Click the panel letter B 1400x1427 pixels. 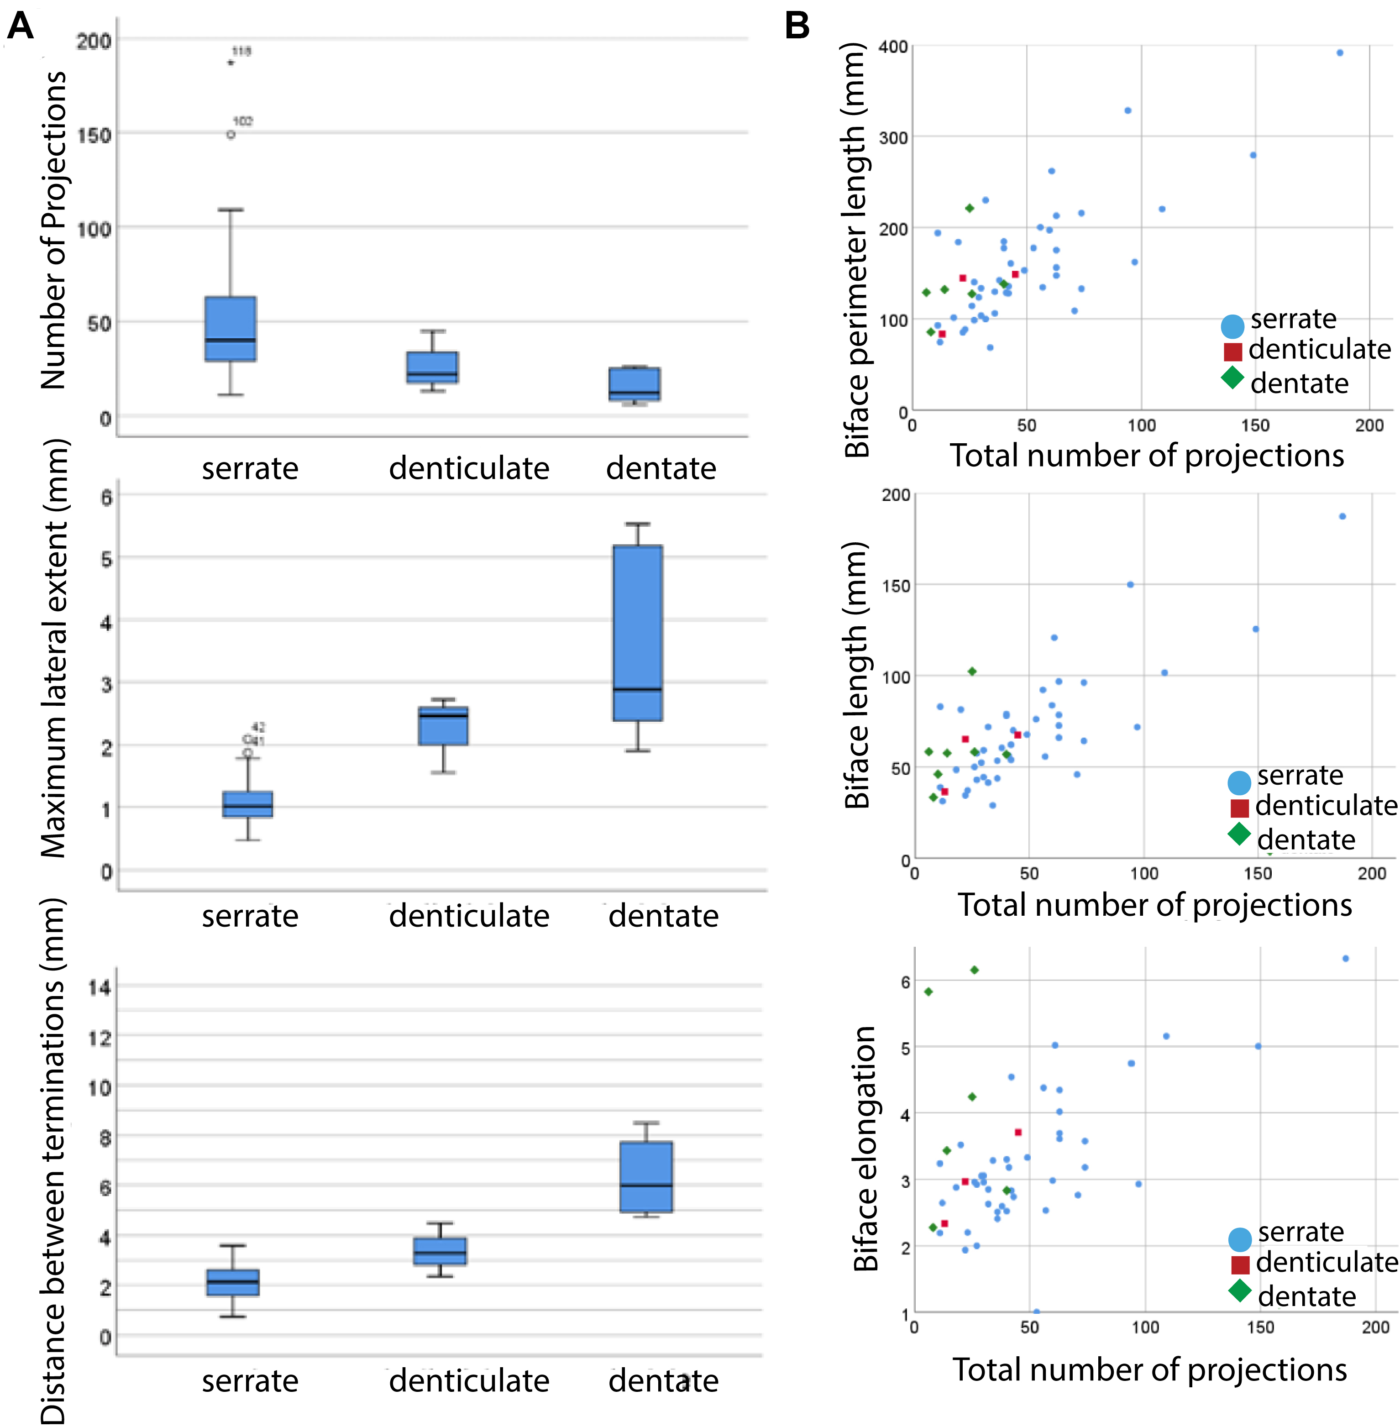797,26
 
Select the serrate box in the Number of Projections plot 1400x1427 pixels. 230,329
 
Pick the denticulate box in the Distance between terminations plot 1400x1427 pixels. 440,1251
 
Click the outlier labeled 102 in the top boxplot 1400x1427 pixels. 231,135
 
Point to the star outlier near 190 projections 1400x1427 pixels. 231,63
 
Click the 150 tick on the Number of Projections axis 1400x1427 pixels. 94,135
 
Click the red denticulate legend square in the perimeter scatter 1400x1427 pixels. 1233,352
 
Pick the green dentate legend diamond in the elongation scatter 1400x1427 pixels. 1240,1290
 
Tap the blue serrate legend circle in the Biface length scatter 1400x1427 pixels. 1239,782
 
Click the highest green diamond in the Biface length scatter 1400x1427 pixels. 972,671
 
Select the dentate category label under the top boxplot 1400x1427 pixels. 661,468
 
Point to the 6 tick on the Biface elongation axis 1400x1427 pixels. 905,982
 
